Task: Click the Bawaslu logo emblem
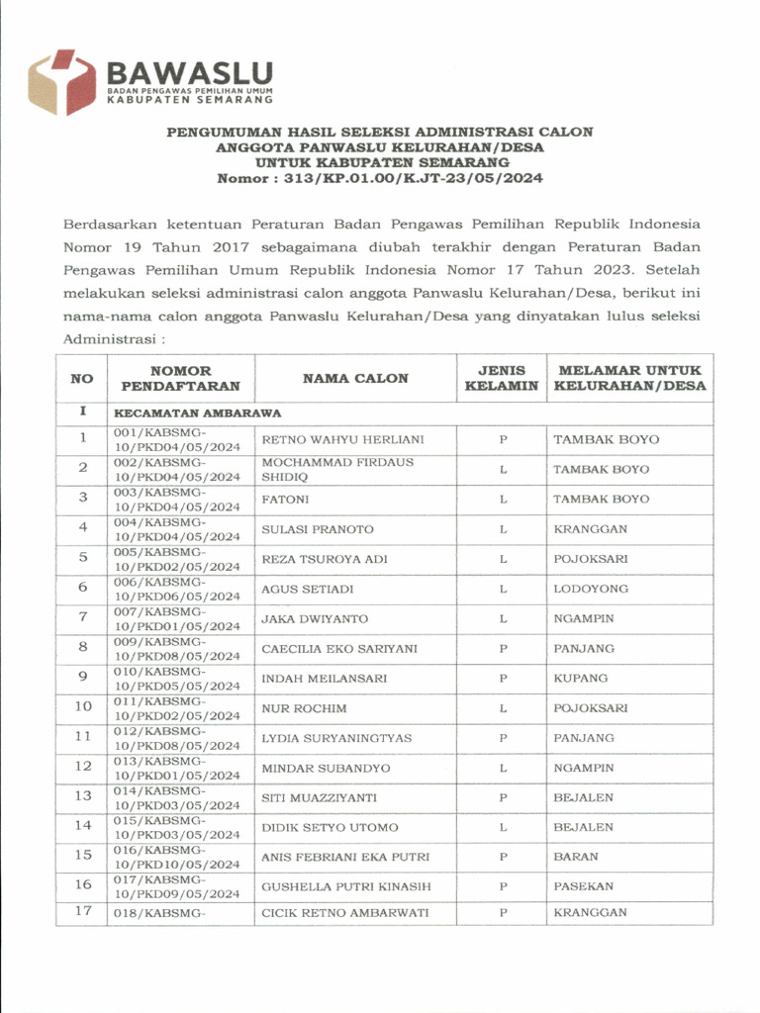coord(62,82)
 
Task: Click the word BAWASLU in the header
coord(189,72)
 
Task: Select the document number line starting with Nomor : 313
coord(380,178)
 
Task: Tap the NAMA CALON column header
coord(354,378)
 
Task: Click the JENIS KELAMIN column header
coord(503,378)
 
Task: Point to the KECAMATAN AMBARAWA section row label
coord(198,412)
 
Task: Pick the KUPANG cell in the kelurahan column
coord(581,679)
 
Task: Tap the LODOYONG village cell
coord(591,589)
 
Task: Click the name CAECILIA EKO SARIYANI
coord(338,649)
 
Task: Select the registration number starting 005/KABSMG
coord(177,559)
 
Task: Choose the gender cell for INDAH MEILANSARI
coord(503,679)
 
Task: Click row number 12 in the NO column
coord(83,767)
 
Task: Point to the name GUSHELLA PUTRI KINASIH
coord(345,886)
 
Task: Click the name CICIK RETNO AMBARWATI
coord(344,912)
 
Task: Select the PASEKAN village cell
coord(584,886)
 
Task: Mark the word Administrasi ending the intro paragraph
coord(107,337)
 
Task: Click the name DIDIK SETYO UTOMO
coord(330,827)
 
